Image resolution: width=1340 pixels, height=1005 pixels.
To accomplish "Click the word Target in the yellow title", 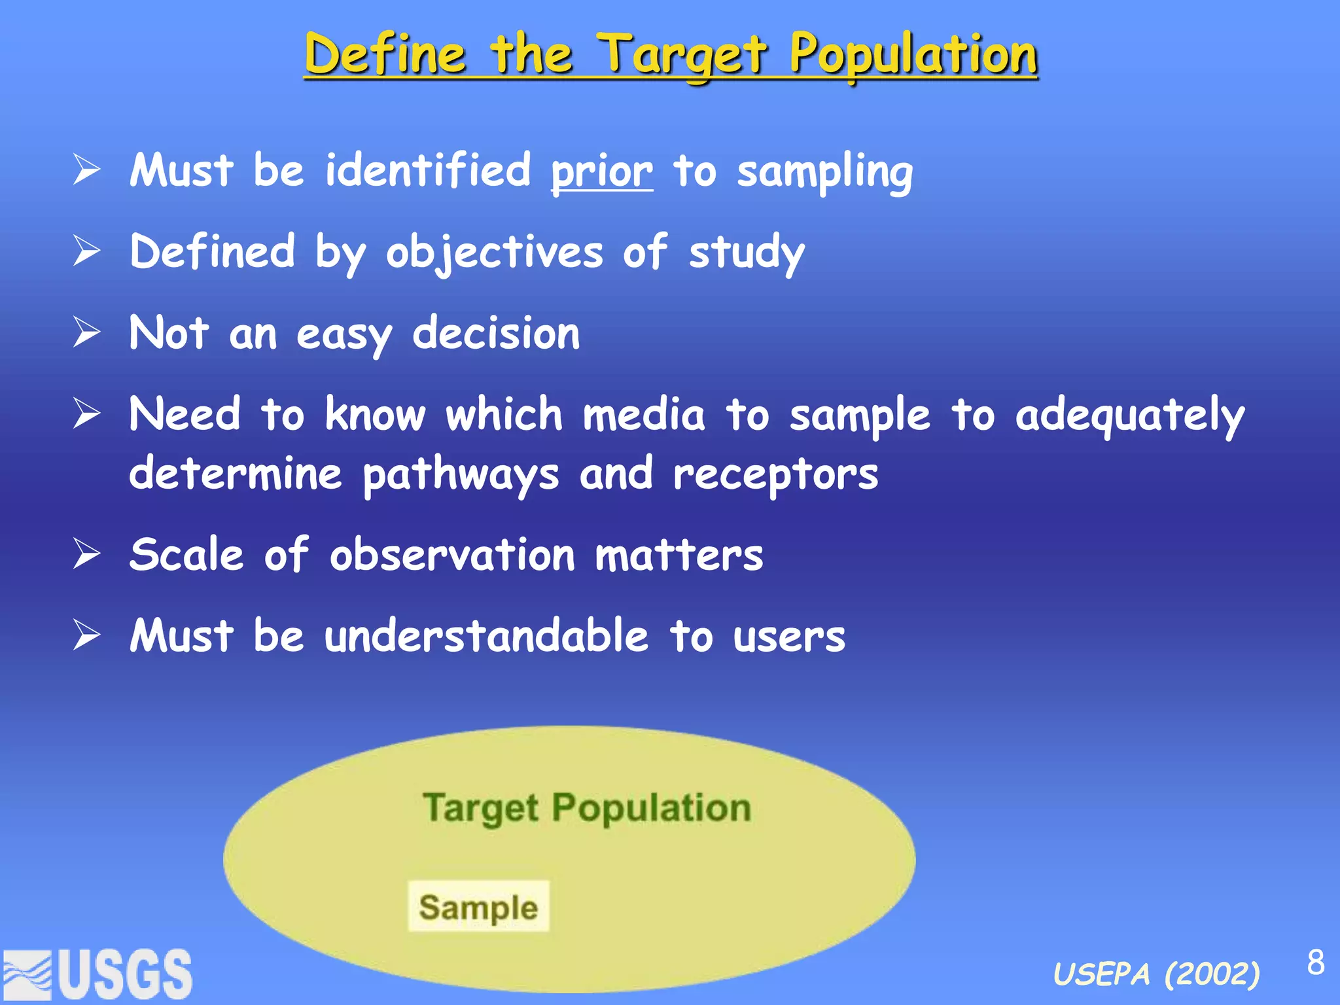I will coord(683,55).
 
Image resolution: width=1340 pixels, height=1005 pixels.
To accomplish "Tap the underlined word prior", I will coord(601,171).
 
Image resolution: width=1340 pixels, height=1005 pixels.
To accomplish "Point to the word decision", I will coord(496,334).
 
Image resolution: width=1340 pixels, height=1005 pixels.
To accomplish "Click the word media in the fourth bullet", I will coord(644,416).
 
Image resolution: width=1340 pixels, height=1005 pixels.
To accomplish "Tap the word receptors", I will coord(775,475).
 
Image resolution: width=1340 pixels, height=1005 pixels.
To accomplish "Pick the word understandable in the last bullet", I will coord(486,636).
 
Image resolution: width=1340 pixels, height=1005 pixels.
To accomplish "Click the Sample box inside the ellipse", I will coord(478,907).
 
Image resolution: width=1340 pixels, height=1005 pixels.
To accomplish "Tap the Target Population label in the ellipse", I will coord(586,808).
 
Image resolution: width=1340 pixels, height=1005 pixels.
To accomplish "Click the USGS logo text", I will coord(126,974).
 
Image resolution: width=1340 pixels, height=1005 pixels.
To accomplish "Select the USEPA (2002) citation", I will coord(1156,975).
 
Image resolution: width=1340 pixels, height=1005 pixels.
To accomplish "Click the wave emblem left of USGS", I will coord(27,976).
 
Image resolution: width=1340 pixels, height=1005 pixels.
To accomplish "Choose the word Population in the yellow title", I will coord(913,55).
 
